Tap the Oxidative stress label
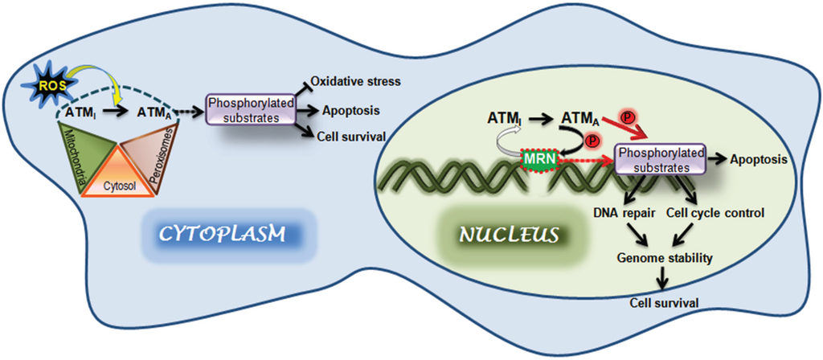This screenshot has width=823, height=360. (355, 82)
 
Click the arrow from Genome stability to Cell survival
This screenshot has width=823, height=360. (661, 278)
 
